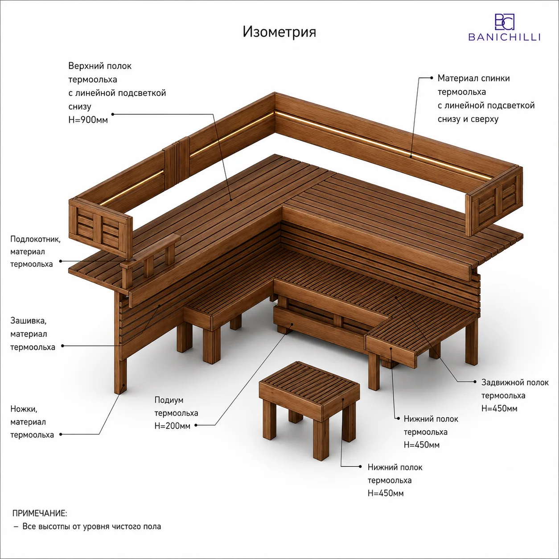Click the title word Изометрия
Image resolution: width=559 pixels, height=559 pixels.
pyautogui.click(x=279, y=32)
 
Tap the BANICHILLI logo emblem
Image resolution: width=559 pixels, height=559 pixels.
pyautogui.click(x=505, y=22)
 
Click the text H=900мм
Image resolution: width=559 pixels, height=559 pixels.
pyautogui.click(x=88, y=120)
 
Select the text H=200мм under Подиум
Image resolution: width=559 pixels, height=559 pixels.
pyautogui.click(x=173, y=426)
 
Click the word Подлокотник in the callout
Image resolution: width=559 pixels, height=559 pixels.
pyautogui.click(x=35, y=239)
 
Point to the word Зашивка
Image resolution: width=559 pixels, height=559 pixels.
pyautogui.click(x=29, y=321)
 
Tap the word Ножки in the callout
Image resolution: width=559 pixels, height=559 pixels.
pyautogui.click(x=24, y=409)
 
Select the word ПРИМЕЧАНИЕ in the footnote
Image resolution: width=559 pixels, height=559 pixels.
pyautogui.click(x=40, y=513)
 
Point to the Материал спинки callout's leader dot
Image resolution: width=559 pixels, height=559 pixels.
pyautogui.click(x=432, y=78)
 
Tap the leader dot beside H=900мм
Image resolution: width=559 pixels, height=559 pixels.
pyautogui.click(x=113, y=114)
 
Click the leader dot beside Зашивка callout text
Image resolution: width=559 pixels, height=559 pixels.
pyautogui.click(x=62, y=346)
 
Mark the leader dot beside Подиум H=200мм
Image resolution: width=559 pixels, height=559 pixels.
pyautogui.click(x=196, y=425)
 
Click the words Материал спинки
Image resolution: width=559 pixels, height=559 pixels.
pyautogui.click(x=473, y=78)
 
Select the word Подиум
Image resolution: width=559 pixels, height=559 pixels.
pyautogui.click(x=169, y=400)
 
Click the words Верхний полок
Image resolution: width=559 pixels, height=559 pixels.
pyautogui.click(x=100, y=66)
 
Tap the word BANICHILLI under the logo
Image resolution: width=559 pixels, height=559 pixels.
pyautogui.click(x=504, y=37)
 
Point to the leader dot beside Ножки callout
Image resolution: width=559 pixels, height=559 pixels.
pyautogui.click(x=61, y=434)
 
